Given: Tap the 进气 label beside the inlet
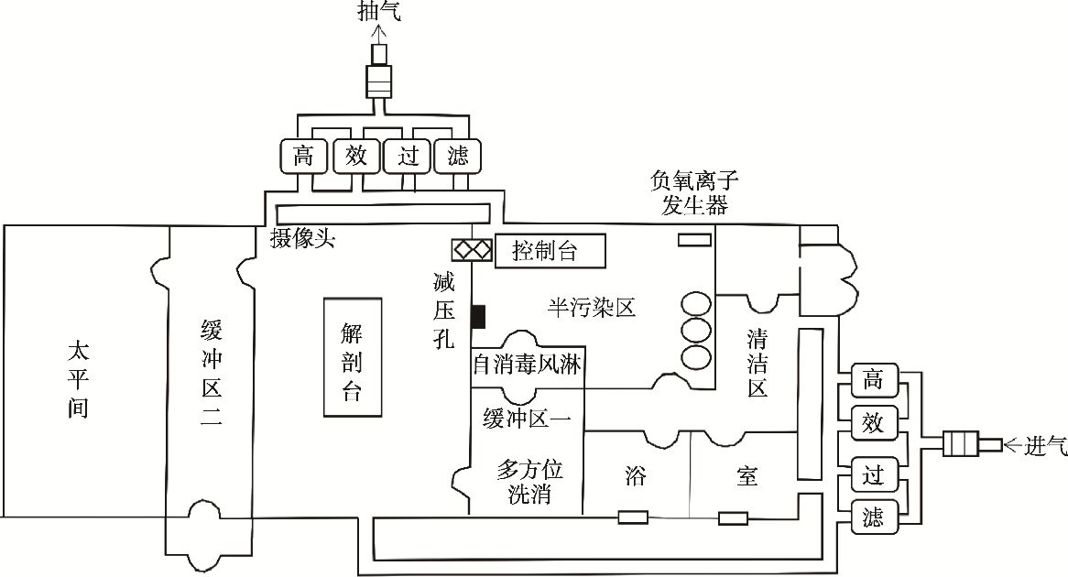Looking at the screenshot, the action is click(x=1045, y=445).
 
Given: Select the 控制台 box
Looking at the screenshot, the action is click(x=550, y=251).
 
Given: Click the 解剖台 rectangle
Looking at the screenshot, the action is click(x=352, y=357).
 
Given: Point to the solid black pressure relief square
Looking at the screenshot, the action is click(x=478, y=317).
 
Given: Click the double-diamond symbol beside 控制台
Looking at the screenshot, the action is click(x=472, y=250).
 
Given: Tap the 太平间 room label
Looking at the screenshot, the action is click(x=78, y=379).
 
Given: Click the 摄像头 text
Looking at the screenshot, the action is click(x=302, y=238).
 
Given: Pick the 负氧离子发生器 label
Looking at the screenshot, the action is click(x=694, y=192).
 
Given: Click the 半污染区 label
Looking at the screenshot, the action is click(x=591, y=308).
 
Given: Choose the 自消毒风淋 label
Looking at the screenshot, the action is click(x=528, y=365).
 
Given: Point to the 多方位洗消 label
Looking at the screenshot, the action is click(x=529, y=482).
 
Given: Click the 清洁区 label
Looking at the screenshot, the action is click(x=757, y=363).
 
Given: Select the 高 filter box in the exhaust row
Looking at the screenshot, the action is click(x=304, y=156).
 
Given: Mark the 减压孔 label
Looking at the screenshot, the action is click(x=444, y=310).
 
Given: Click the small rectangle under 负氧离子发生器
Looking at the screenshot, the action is click(x=694, y=239).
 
